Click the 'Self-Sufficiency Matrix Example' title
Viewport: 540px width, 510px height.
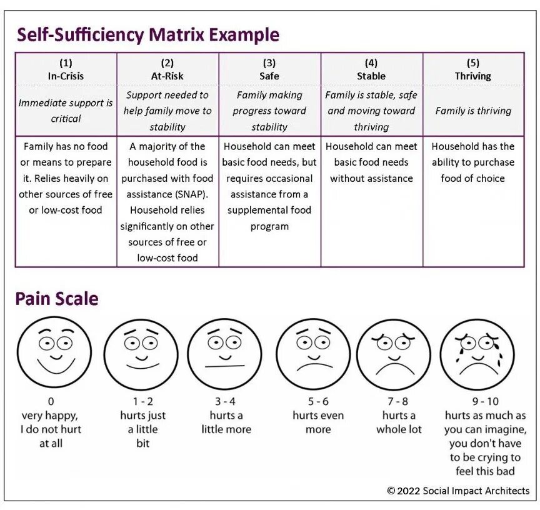147,34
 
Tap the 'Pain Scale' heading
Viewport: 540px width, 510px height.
57,299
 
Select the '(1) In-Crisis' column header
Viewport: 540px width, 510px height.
66,69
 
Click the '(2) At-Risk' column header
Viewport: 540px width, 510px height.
167,69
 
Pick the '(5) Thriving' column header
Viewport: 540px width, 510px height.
473,69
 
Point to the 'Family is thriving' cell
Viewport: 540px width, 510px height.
473,111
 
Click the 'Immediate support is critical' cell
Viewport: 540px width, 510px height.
66,111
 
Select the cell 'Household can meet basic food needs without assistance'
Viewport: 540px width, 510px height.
371,162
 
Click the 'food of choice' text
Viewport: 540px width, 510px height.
472,178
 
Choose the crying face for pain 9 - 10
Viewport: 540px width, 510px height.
477,355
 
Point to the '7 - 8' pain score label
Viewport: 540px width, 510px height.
396,402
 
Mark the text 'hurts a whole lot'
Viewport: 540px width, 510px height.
399,422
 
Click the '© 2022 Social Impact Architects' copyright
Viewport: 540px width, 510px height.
458,491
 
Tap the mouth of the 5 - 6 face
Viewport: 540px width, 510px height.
314,364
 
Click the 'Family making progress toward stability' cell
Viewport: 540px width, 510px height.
269,111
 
